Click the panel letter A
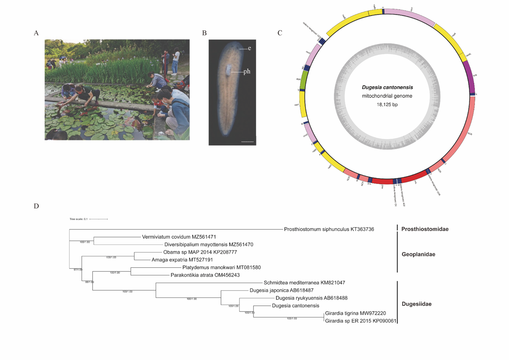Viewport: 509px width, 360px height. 37,34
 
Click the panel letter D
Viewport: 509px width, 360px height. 37,206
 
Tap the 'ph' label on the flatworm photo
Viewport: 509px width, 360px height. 247,72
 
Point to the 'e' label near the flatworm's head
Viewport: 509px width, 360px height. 249,48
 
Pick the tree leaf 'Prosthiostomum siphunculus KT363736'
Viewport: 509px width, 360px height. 329,229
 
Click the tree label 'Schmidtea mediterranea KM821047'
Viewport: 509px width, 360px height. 304,283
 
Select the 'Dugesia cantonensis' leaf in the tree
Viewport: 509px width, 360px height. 293,306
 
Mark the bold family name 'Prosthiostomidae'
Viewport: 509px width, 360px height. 425,229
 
